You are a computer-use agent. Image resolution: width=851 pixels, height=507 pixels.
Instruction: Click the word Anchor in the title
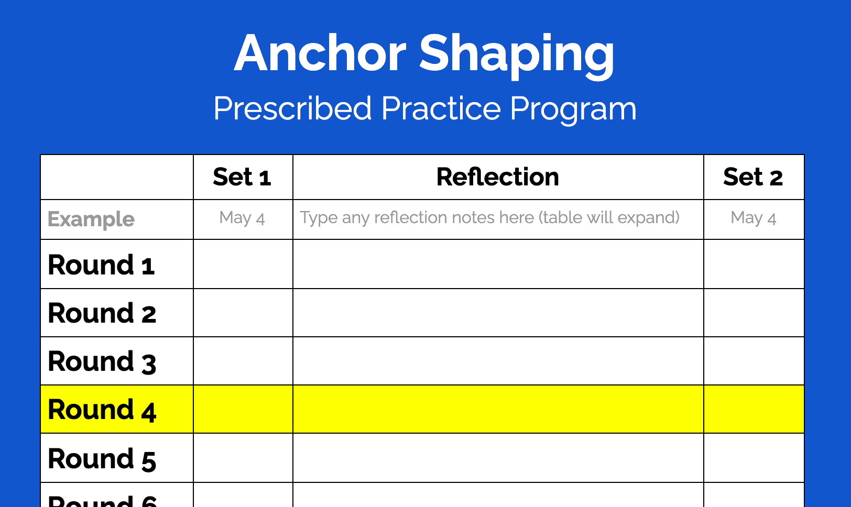tap(320, 53)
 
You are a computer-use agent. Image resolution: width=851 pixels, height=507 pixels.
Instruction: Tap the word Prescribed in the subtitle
tap(292, 109)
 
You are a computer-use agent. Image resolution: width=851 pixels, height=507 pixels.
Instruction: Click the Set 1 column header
tap(242, 177)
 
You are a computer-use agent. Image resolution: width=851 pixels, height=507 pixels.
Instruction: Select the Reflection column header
tap(498, 177)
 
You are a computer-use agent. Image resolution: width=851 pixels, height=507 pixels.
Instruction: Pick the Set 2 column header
tap(753, 177)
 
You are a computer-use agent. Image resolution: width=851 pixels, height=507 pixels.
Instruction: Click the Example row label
tap(91, 219)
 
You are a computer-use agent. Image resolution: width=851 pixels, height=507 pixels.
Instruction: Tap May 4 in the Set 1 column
tap(242, 218)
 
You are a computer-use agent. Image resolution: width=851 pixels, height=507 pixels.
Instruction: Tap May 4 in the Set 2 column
tap(753, 218)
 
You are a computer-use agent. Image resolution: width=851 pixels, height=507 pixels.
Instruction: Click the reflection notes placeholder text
tap(489, 217)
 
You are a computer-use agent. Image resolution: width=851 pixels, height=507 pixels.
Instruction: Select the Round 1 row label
tap(101, 265)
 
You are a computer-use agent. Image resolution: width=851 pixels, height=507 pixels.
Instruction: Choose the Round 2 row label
tap(102, 313)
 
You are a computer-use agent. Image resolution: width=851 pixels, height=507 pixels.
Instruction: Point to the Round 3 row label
tap(102, 362)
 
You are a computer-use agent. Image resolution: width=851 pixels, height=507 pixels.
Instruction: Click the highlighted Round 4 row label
tap(102, 410)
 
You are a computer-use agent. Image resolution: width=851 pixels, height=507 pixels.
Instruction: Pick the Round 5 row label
tap(102, 459)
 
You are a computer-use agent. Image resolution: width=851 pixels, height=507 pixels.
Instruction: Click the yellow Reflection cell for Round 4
tap(498, 409)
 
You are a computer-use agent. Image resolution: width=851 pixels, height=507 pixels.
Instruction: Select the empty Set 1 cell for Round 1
tap(243, 264)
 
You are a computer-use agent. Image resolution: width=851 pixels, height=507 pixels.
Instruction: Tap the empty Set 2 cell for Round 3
tap(754, 361)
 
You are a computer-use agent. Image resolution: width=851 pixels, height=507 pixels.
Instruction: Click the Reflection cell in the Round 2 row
tap(498, 313)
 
